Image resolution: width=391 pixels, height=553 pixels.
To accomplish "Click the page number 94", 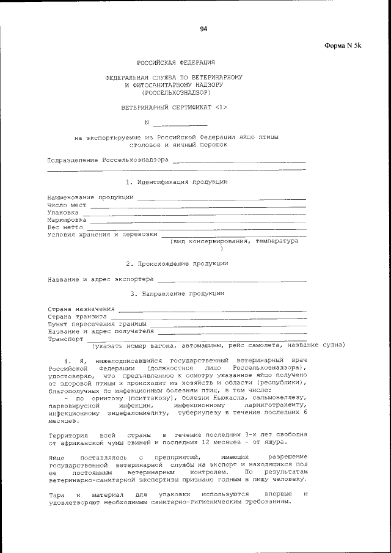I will click(203, 29).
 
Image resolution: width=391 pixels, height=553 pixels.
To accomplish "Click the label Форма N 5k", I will click(343, 45).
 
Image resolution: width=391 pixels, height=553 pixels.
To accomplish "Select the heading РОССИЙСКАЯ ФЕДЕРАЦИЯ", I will click(175, 63).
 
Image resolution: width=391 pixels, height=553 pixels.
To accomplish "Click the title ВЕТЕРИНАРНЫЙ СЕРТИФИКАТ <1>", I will click(174, 108).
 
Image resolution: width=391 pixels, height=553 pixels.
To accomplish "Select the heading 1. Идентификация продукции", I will click(177, 182).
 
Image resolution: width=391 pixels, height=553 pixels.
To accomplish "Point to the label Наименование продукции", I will click(91, 197).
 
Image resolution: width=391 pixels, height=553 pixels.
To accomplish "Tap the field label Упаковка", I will click(63, 212).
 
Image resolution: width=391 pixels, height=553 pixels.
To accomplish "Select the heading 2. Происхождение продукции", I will click(177, 263).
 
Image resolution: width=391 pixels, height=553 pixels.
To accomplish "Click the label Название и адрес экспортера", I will click(101, 280).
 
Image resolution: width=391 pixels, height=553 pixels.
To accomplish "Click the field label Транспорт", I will click(65, 339).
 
